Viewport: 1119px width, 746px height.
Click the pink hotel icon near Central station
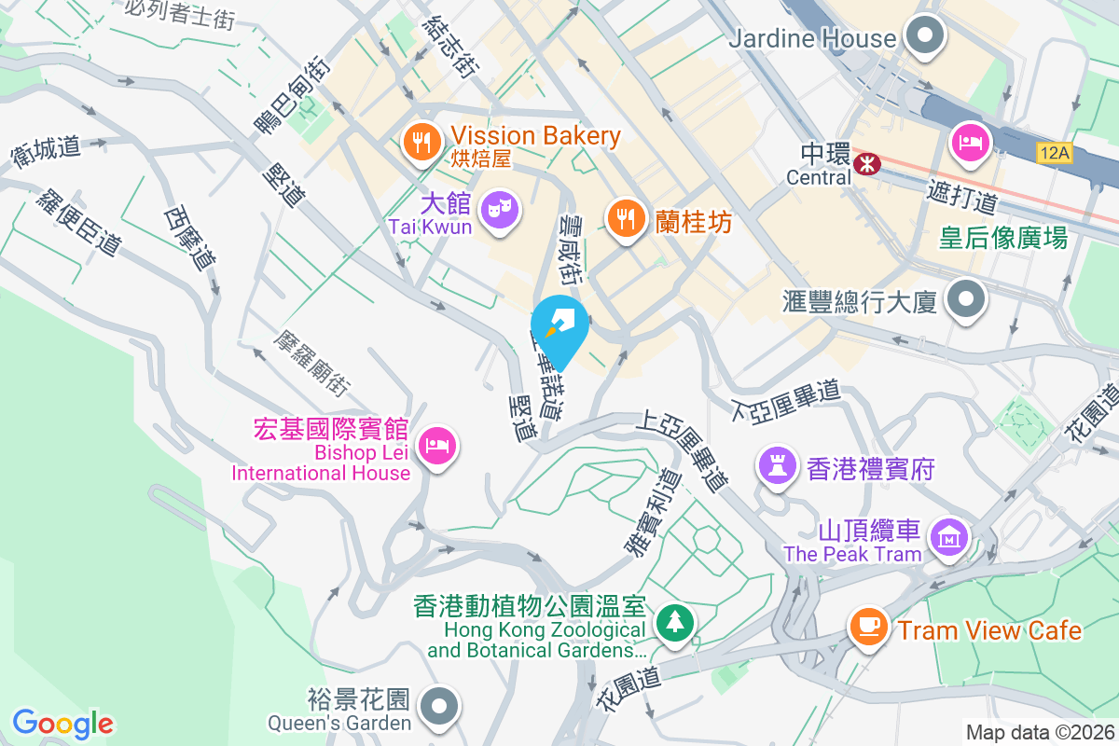[x=970, y=143]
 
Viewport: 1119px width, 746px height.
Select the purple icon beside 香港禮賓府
[x=776, y=464]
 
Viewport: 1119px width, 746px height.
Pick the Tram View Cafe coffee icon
[x=868, y=626]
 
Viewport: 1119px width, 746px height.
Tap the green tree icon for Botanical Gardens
[x=672, y=622]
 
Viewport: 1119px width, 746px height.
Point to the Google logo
[x=62, y=723]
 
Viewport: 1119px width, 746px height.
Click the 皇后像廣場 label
[x=1002, y=239]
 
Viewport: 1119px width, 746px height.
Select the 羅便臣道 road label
[x=80, y=223]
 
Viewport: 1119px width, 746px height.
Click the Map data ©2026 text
[x=1039, y=733]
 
